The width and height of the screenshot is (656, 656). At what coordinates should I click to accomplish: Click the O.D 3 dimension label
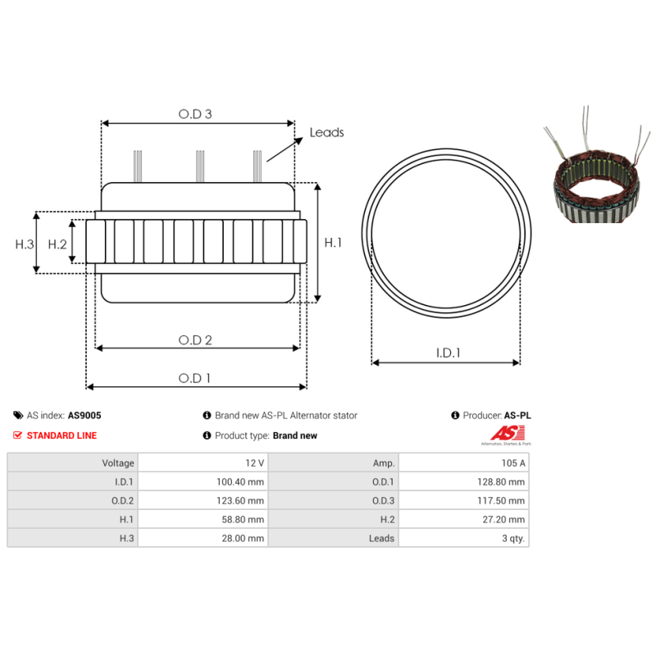pyautogui.click(x=195, y=114)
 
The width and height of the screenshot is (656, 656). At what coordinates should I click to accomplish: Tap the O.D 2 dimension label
pyautogui.click(x=195, y=339)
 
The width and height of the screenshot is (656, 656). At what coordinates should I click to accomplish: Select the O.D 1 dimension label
pyautogui.click(x=194, y=378)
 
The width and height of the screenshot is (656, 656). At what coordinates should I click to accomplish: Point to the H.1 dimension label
pyautogui.click(x=333, y=242)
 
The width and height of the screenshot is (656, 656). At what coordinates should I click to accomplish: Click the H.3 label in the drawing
pyautogui.click(x=25, y=244)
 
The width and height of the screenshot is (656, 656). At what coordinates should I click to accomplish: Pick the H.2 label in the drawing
pyautogui.click(x=57, y=244)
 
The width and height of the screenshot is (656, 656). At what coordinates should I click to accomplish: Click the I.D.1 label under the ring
pyautogui.click(x=448, y=353)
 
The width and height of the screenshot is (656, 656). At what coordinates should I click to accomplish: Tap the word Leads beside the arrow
pyautogui.click(x=326, y=132)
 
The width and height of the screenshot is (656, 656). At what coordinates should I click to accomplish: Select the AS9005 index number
pyautogui.click(x=84, y=416)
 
